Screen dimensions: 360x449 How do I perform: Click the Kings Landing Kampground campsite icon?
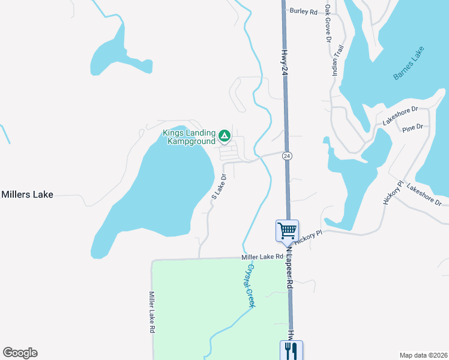tap(224, 136)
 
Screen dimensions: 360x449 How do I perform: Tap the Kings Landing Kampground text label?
tap(188, 137)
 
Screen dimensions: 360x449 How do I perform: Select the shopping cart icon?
tap(287, 230)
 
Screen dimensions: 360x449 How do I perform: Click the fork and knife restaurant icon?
tap(291, 350)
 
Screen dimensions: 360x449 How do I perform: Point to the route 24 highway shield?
tap(288, 155)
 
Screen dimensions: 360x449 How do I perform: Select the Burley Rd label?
tap(303, 11)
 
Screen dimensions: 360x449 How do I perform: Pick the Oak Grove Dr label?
tap(328, 24)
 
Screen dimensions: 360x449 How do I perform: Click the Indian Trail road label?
tap(337, 60)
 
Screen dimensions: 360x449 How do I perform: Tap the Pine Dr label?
tap(413, 127)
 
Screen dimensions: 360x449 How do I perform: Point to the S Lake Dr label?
tap(218, 187)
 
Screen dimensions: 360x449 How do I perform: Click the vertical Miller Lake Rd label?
tap(152, 312)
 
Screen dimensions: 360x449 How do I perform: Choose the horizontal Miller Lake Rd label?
tap(262, 256)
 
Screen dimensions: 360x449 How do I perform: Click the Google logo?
tap(20, 353)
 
